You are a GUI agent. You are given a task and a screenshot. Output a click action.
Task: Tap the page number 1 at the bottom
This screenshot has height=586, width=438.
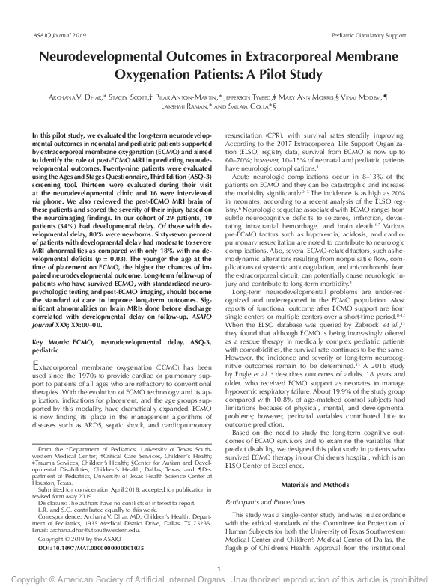pos(218,568)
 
